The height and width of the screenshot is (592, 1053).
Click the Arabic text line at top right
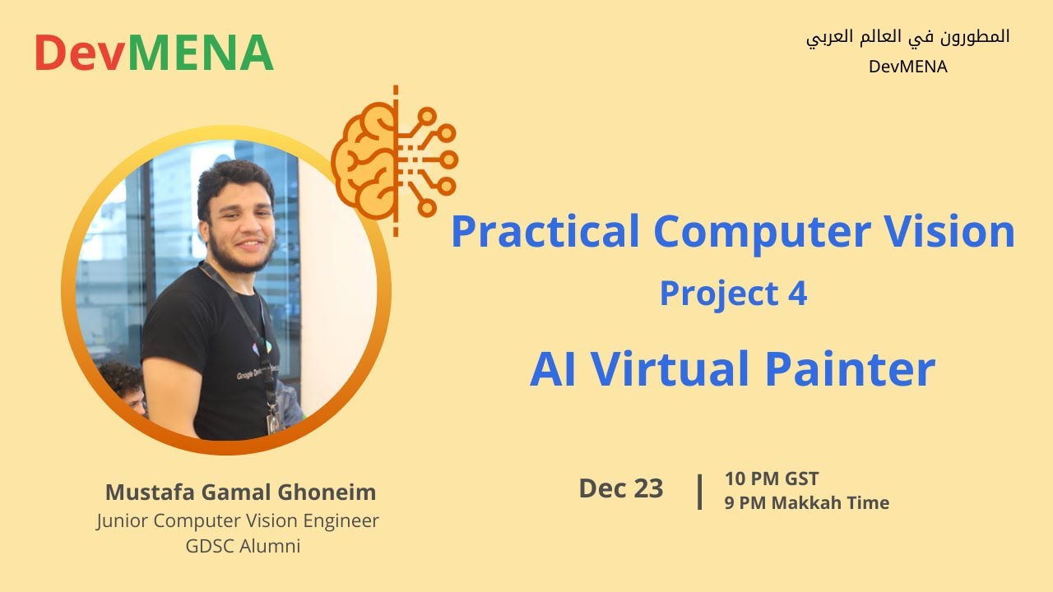pyautogui.click(x=907, y=38)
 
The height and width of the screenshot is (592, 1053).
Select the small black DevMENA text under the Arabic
pyautogui.click(x=907, y=67)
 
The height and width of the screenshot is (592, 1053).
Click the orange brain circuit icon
pyautogui.click(x=394, y=161)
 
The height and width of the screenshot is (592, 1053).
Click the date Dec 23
pyautogui.click(x=620, y=488)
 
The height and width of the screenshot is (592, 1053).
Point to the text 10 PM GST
pyautogui.click(x=771, y=479)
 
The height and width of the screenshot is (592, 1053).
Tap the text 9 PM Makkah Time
pyautogui.click(x=806, y=503)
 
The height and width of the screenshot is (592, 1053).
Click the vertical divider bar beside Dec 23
pyautogui.click(x=699, y=491)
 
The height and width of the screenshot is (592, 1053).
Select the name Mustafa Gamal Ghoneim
pyautogui.click(x=240, y=493)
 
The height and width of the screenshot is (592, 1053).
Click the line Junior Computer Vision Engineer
pyautogui.click(x=238, y=520)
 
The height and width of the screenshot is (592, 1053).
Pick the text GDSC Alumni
pyautogui.click(x=243, y=545)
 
